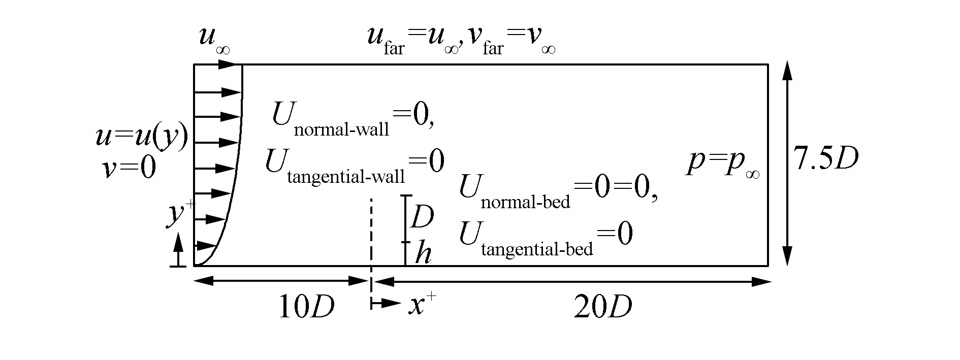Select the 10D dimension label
pos(306,307)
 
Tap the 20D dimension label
pos(603,307)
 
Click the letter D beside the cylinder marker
pos(422,217)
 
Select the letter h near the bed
pos(423,253)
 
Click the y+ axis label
pos(178,214)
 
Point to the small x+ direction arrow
pos(386,304)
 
